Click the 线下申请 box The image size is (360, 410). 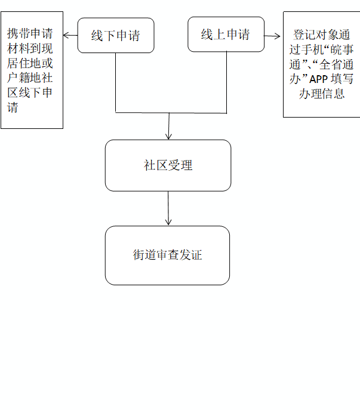[116, 35]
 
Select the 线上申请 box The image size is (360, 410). [226, 34]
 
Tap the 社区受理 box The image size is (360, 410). [168, 165]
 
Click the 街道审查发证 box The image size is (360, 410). [167, 255]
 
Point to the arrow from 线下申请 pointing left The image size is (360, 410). [70, 35]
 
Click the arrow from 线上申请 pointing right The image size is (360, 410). [272, 36]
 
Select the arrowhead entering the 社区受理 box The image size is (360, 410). [169, 136]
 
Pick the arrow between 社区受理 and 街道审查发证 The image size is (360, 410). [168, 208]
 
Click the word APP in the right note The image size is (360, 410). [318, 79]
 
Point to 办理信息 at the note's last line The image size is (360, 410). [322, 94]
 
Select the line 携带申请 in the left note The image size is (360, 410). [30, 33]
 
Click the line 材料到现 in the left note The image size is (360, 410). [30, 48]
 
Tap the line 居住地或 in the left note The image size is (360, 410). [30, 63]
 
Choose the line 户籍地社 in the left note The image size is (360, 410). [30, 78]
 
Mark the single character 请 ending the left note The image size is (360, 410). [13, 107]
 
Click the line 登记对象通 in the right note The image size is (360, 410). [322, 35]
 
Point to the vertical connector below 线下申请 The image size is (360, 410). [116, 82]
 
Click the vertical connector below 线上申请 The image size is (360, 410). [226, 82]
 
